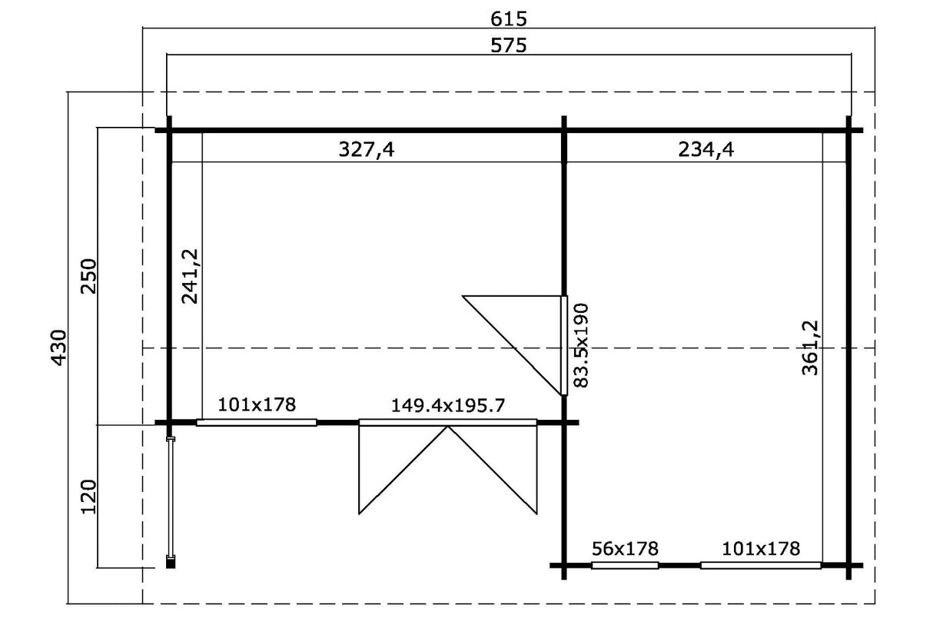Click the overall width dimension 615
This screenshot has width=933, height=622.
pyautogui.click(x=508, y=18)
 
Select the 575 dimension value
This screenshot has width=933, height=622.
pyautogui.click(x=508, y=45)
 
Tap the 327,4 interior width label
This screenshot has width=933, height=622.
pyautogui.click(x=366, y=150)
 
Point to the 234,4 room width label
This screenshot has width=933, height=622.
pyautogui.click(x=706, y=150)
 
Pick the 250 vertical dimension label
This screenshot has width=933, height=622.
pyautogui.click(x=88, y=276)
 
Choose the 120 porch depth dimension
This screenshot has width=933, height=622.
pyautogui.click(x=88, y=497)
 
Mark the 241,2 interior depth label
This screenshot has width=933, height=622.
pyautogui.click(x=190, y=276)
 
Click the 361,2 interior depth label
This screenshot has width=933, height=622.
pyautogui.click(x=810, y=348)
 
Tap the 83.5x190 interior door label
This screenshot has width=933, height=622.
pyautogui.click(x=580, y=346)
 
